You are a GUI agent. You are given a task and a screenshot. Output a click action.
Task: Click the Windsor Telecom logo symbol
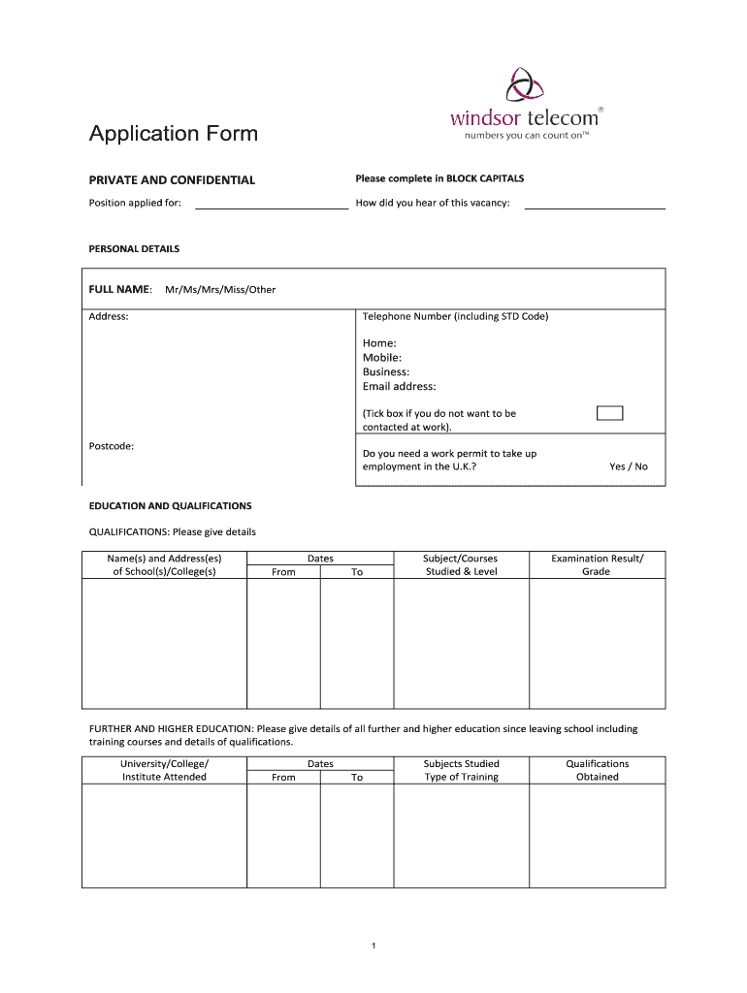click(x=527, y=82)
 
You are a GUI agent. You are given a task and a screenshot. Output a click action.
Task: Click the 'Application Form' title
click(x=174, y=134)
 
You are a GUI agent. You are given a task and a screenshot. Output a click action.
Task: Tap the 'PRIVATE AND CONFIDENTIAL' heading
click(x=172, y=180)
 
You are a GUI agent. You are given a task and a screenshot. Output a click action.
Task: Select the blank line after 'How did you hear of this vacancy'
click(x=594, y=206)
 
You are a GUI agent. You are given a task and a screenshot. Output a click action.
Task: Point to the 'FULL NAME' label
click(x=120, y=289)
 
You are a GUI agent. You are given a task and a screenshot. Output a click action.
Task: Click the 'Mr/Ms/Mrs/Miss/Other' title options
click(x=220, y=290)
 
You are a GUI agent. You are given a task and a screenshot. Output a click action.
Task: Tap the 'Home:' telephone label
click(x=379, y=343)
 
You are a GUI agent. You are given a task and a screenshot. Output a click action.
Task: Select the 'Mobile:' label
click(x=382, y=358)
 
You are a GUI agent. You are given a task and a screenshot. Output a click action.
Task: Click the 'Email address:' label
click(x=400, y=387)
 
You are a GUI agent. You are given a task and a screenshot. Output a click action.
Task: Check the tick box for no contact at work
click(x=609, y=413)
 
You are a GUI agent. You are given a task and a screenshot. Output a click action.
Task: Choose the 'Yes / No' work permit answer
click(x=628, y=466)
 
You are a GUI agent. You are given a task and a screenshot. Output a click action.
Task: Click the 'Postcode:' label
click(x=112, y=446)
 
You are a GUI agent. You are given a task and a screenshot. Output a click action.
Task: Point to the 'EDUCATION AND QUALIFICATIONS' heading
click(x=170, y=506)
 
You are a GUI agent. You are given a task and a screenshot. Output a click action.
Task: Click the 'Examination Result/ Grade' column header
click(x=597, y=565)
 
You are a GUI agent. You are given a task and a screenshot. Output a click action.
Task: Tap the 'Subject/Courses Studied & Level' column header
click(x=461, y=565)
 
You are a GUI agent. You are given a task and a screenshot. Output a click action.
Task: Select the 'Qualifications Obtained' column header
click(x=597, y=770)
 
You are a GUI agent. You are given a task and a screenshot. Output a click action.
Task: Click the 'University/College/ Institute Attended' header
click(x=164, y=770)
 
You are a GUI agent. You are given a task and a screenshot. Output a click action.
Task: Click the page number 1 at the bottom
click(x=373, y=945)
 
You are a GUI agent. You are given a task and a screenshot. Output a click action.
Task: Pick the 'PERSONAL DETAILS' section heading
click(x=134, y=249)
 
